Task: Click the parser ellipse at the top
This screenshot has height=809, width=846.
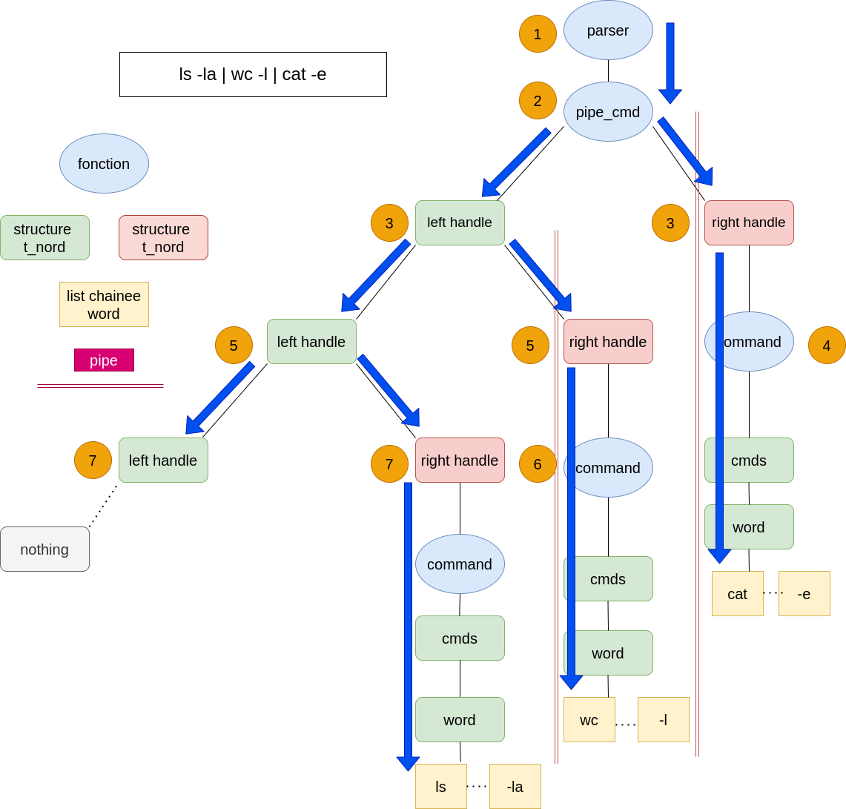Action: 608,30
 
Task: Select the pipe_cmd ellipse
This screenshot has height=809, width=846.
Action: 608,112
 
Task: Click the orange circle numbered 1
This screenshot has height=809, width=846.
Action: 538,34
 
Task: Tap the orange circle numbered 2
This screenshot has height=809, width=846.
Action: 538,101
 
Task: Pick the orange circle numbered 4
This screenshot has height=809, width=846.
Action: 827,346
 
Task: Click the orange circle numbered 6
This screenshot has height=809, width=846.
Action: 538,464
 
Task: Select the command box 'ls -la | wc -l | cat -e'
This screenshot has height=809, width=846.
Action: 253,74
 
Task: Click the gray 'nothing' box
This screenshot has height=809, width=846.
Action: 44,549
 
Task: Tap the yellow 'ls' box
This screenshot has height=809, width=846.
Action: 440,787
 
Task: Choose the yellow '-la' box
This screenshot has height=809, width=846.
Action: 515,787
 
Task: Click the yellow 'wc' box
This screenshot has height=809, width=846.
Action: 589,720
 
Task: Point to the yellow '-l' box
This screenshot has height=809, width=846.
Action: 663,720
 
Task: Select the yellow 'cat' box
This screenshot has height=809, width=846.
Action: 737,594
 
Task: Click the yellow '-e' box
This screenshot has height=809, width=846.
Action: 804,594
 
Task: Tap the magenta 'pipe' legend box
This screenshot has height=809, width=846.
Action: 104,360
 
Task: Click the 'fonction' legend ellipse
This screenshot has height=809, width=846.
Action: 104,164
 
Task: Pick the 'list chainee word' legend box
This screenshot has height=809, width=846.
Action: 104,305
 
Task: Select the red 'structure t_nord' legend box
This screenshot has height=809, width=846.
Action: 163,238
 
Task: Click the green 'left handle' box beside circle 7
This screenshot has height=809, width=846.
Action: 163,460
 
